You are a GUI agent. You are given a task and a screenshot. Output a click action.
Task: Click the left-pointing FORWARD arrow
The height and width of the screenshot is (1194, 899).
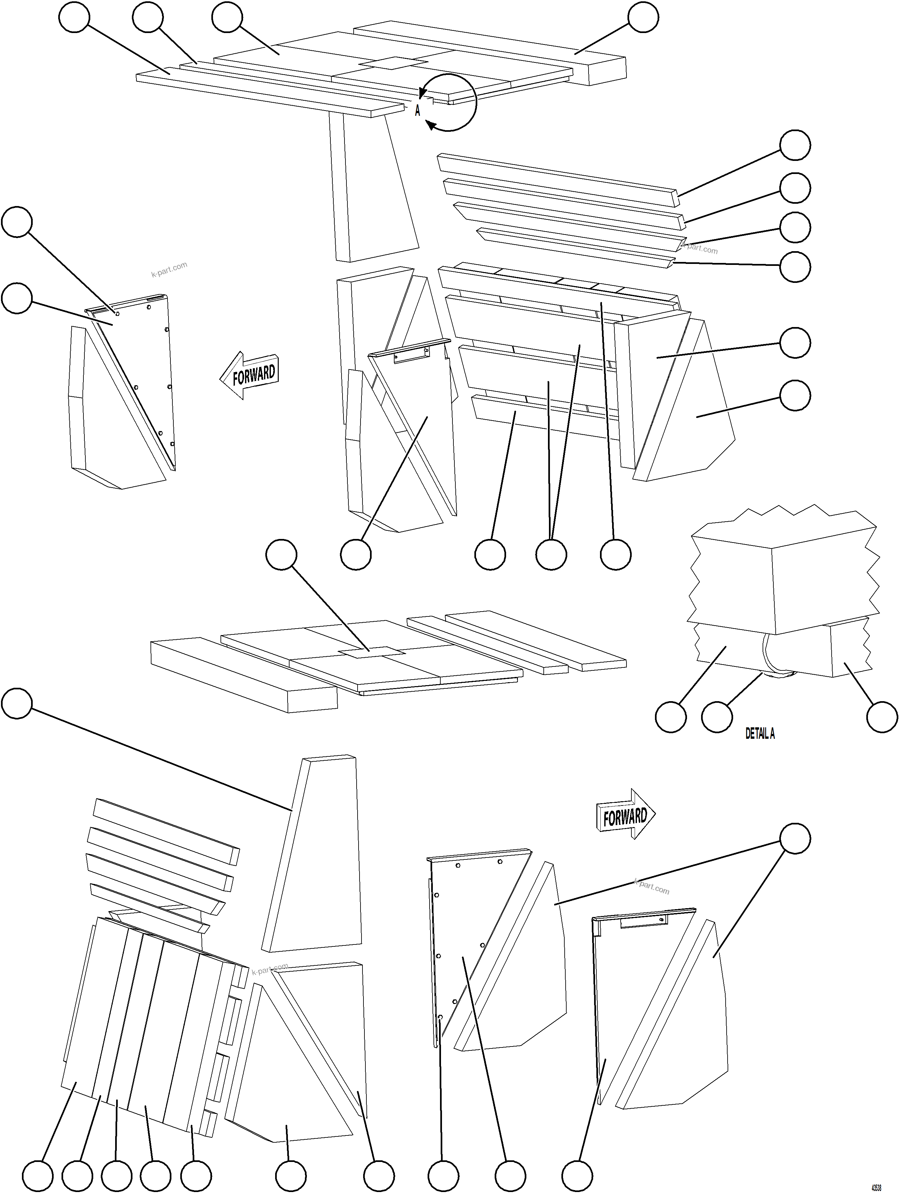coord(250,374)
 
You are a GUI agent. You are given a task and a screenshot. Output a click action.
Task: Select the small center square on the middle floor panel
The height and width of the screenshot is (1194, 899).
coord(372,652)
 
